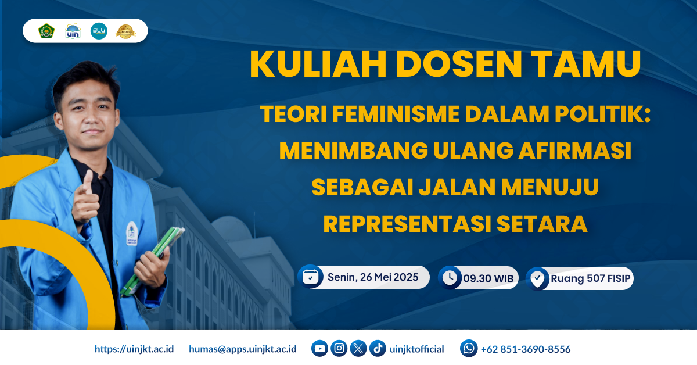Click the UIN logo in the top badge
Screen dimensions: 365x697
click(73, 31)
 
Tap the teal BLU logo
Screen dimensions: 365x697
click(99, 31)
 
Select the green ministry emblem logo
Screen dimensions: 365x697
click(46, 31)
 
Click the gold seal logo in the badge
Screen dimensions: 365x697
click(125, 31)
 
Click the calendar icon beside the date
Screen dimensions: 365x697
click(311, 277)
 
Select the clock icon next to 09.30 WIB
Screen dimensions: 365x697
click(449, 278)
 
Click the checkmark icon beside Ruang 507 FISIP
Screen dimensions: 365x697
click(537, 278)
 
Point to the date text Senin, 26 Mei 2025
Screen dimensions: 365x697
click(373, 277)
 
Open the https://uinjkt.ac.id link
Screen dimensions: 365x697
click(134, 349)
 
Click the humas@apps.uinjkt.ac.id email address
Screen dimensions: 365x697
click(243, 349)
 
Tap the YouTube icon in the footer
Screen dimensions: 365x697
click(319, 349)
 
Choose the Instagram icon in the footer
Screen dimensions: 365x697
click(339, 349)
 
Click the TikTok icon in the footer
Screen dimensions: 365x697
click(378, 349)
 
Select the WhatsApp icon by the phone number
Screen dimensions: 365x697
click(469, 349)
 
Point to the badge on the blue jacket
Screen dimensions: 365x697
click(131, 232)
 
